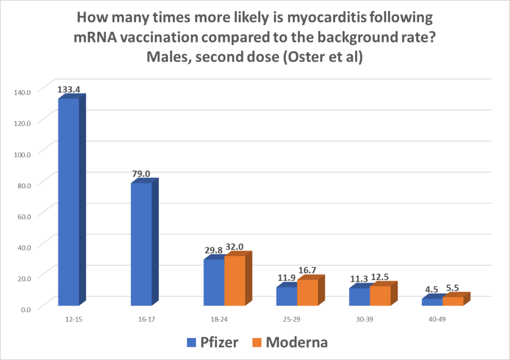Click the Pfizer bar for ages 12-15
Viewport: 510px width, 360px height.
point(69,202)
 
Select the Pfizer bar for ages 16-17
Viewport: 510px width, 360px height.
point(141,244)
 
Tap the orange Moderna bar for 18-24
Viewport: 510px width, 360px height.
point(235,280)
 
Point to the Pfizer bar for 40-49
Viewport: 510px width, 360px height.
point(432,302)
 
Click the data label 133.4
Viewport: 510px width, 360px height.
point(69,90)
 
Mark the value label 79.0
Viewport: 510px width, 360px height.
point(141,174)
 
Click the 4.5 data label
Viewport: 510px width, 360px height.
point(431,289)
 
